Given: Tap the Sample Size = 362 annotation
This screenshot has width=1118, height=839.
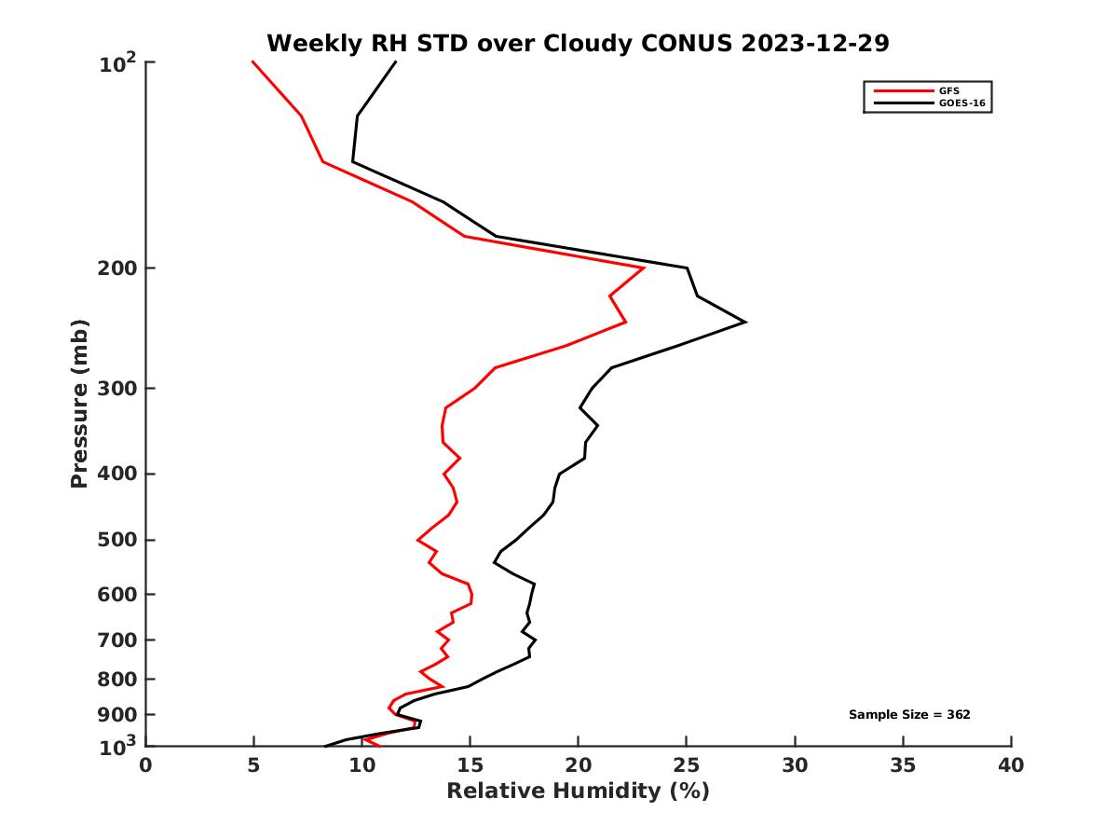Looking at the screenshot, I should [x=909, y=715].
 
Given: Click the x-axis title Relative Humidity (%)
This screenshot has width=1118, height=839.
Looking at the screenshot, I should [x=578, y=791].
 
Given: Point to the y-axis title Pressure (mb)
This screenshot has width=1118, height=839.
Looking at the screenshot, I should [x=79, y=403].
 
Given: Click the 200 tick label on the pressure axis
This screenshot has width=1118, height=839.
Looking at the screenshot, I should [x=113, y=268].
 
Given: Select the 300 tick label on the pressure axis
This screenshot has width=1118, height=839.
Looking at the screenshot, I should [x=113, y=389].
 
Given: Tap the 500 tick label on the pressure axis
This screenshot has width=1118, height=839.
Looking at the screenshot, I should [x=113, y=541].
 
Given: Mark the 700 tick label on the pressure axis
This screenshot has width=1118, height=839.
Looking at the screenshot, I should [x=113, y=640].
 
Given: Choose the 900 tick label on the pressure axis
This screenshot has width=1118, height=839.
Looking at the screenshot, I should [x=113, y=715].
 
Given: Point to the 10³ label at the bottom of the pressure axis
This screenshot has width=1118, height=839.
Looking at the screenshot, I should [x=117, y=745].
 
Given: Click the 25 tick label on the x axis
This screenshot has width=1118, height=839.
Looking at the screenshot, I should [x=687, y=766].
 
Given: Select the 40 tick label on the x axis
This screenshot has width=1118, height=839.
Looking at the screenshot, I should [x=1011, y=766].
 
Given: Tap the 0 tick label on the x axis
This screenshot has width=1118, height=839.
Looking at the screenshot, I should [x=146, y=766].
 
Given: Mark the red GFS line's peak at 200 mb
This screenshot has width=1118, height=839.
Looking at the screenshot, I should [x=644, y=268].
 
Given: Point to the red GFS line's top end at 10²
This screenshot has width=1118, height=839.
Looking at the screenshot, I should [x=252, y=62].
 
